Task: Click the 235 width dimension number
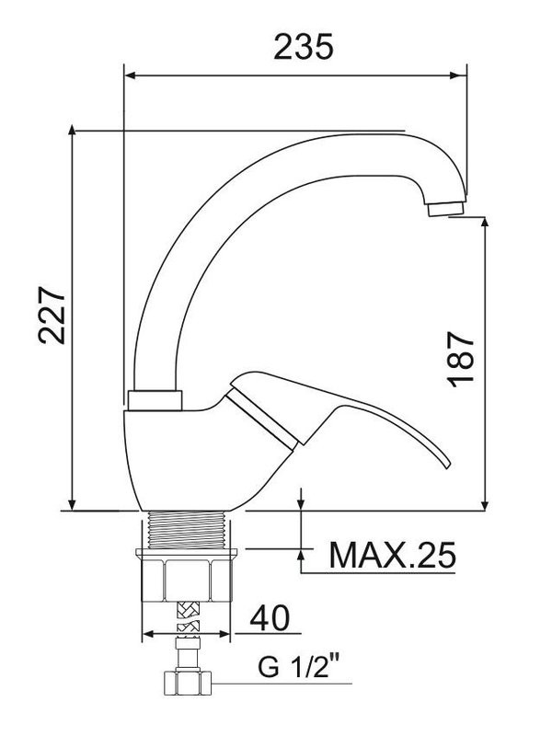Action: (304, 47)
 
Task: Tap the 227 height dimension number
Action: (52, 315)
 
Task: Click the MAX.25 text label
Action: (392, 555)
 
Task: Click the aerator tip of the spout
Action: (446, 208)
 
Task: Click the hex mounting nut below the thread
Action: (187, 581)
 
